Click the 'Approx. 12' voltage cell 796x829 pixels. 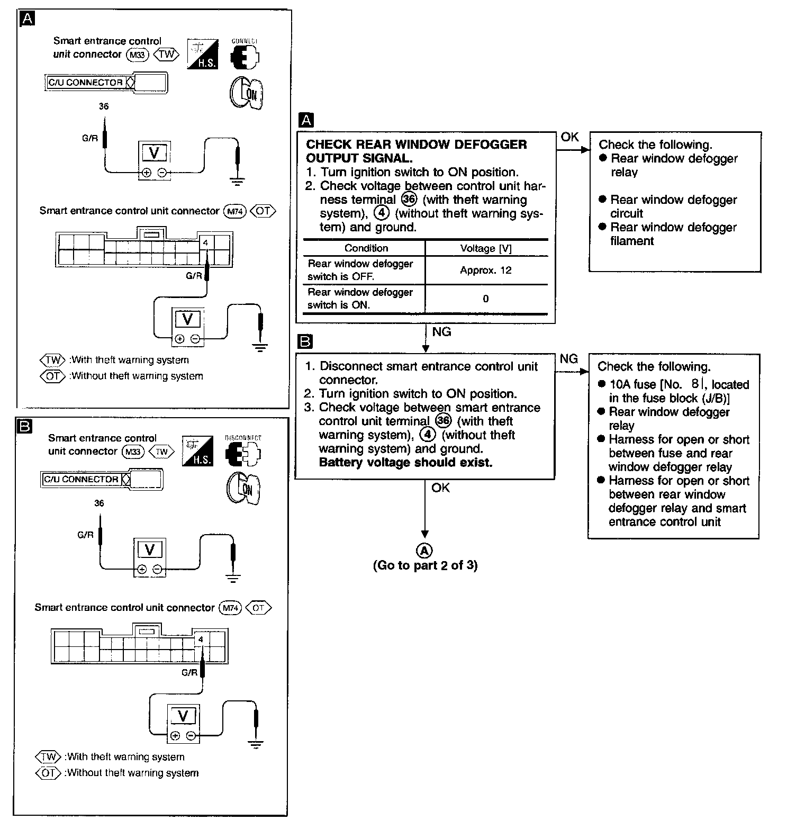click(x=485, y=270)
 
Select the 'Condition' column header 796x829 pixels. click(x=366, y=248)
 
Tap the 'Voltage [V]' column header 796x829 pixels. click(x=486, y=248)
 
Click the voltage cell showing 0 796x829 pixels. click(x=485, y=299)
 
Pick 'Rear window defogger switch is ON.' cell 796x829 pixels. click(x=360, y=299)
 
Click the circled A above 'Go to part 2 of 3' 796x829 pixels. click(x=424, y=551)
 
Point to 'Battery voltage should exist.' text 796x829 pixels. click(x=405, y=462)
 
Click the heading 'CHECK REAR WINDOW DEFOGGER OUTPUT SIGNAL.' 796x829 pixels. click(x=416, y=151)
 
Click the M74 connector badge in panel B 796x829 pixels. click(x=230, y=608)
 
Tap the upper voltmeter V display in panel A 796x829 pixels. click(x=155, y=153)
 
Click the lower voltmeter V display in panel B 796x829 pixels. click(x=183, y=716)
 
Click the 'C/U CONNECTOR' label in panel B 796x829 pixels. click(x=81, y=479)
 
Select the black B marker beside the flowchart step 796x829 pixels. click(x=305, y=342)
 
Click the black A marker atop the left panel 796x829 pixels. click(x=26, y=19)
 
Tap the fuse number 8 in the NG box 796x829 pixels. click(x=695, y=384)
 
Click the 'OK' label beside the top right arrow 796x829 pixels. click(x=569, y=137)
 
